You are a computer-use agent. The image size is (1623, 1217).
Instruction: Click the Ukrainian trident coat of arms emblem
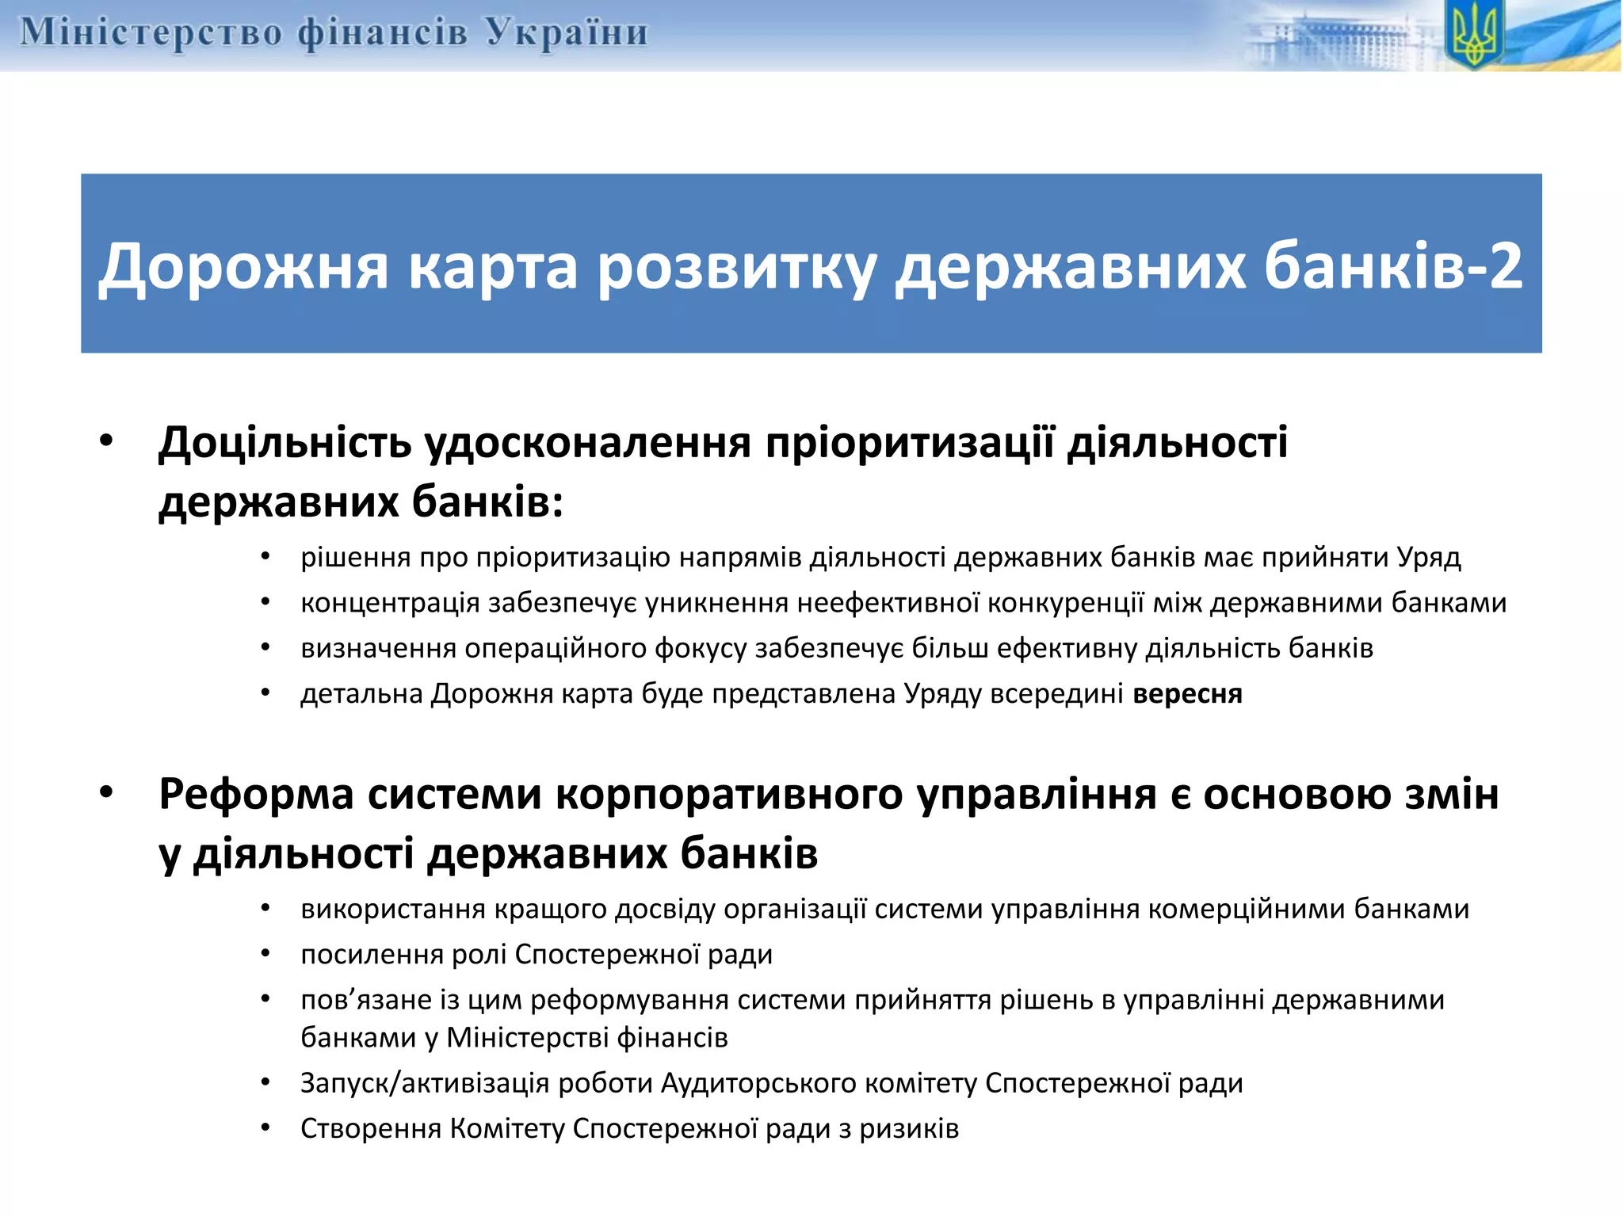1473,36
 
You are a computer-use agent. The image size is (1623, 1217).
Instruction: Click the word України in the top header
567,33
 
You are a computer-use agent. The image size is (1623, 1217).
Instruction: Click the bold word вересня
1187,694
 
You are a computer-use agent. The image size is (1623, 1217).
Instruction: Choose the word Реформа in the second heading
256,794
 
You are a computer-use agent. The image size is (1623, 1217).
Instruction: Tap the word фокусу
701,649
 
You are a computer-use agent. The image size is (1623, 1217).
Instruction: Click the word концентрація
390,604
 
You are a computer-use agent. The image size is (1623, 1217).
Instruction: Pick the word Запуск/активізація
425,1083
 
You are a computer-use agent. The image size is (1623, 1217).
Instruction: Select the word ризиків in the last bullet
909,1128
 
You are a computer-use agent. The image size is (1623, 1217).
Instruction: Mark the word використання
393,909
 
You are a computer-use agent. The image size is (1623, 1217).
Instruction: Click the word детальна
361,694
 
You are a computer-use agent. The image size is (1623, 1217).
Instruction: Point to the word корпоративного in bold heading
728,794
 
